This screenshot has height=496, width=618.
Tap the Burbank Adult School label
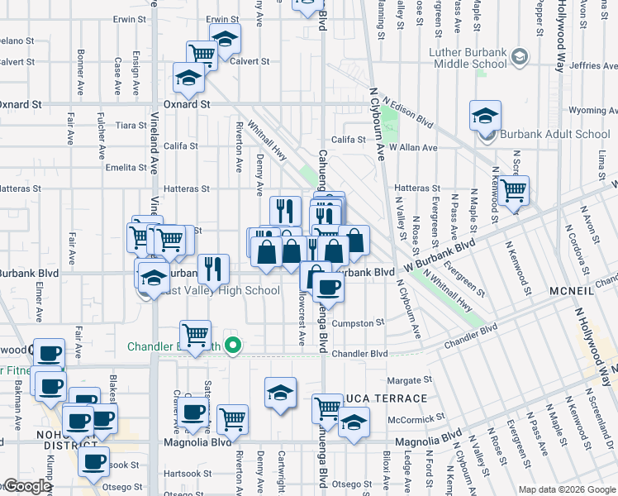point(555,134)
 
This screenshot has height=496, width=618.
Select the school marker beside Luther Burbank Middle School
point(519,57)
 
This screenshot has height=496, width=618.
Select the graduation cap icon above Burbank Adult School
point(485,116)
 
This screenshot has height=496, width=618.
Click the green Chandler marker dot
point(234,347)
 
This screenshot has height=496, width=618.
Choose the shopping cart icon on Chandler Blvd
point(195,336)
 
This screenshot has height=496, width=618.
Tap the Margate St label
point(405,380)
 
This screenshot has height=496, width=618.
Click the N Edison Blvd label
point(411,117)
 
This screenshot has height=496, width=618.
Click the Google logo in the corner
point(27,487)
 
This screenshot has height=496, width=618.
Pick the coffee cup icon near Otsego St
point(94,461)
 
